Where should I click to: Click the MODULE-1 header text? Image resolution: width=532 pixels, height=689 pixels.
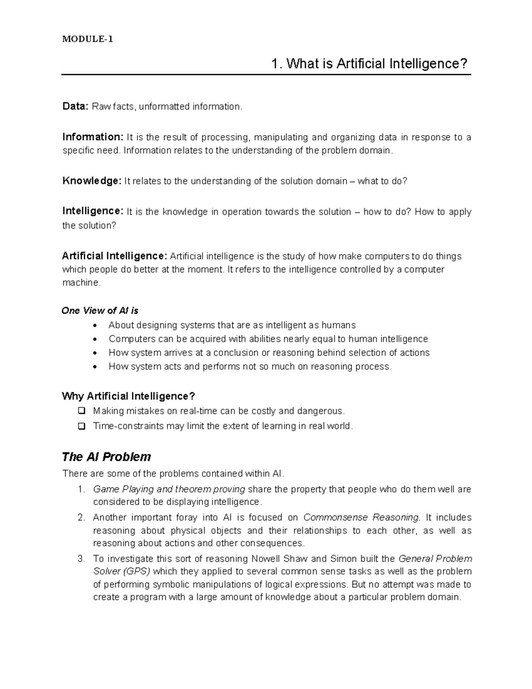(87, 39)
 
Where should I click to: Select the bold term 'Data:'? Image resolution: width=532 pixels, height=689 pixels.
(75, 106)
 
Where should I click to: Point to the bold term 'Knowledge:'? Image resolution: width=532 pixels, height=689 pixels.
(91, 181)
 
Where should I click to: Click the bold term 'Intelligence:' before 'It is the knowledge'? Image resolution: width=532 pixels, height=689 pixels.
(93, 212)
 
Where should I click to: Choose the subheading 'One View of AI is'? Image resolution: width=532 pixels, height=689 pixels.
(100, 311)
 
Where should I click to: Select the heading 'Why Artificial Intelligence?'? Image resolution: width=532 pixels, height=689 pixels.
(129, 396)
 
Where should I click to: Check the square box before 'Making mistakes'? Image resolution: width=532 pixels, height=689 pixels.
(82, 411)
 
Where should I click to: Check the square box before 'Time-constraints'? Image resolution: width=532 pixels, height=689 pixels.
(82, 426)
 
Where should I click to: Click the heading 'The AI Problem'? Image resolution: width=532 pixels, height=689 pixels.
(106, 457)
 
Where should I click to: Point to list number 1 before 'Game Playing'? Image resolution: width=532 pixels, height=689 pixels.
(81, 489)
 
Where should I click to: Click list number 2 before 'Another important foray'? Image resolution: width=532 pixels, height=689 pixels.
(81, 517)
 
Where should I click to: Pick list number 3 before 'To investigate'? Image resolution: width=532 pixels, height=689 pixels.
(81, 559)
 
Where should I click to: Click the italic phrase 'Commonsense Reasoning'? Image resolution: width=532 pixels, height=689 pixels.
(361, 517)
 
